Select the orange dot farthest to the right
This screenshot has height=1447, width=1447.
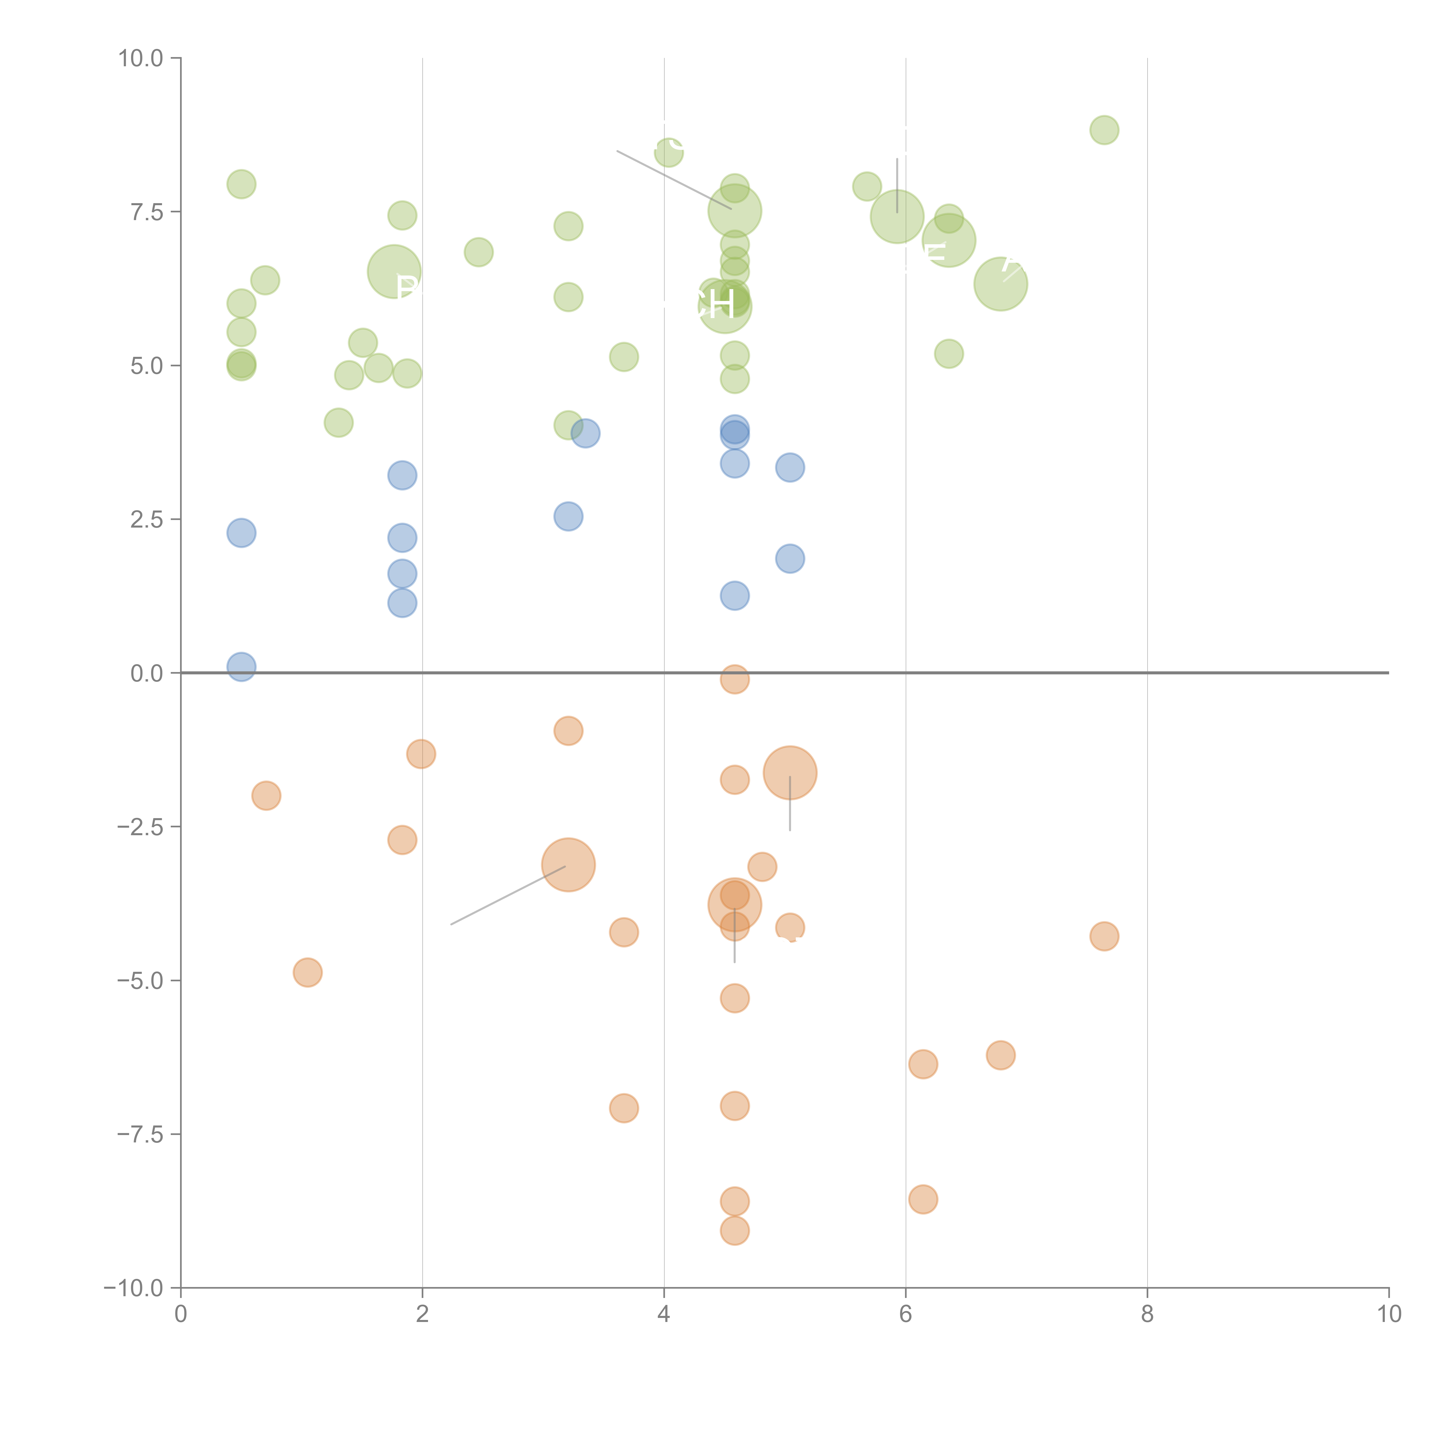[x=1104, y=936]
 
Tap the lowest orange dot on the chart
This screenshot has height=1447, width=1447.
[x=735, y=1231]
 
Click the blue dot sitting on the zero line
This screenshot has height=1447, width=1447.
[x=241, y=666]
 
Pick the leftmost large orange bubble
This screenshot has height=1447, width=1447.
[x=568, y=865]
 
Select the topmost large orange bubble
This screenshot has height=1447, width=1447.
[x=790, y=773]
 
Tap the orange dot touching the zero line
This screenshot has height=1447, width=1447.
[x=735, y=679]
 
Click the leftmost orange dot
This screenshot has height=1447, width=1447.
[x=266, y=795]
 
